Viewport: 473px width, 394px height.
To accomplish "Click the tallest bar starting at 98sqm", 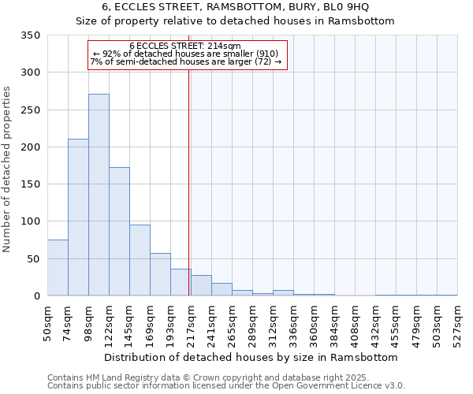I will (99, 195).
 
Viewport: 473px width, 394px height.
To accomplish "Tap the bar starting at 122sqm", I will (119, 232).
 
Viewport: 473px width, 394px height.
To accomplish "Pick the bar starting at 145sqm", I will (140, 260).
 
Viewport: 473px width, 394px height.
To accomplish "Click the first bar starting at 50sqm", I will (58, 268).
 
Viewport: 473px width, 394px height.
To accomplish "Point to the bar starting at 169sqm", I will (160, 274).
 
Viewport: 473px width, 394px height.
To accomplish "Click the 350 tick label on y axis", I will (30, 35).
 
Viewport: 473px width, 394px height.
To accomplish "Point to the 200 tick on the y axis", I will (30, 147).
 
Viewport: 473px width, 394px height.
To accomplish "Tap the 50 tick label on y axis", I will (33, 259).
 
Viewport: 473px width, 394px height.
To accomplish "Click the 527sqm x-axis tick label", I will (458, 322).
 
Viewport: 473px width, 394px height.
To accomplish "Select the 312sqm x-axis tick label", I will (274, 322).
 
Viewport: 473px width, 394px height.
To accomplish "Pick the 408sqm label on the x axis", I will (356, 322).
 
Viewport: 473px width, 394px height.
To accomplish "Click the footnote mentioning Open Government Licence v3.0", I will (225, 386).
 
